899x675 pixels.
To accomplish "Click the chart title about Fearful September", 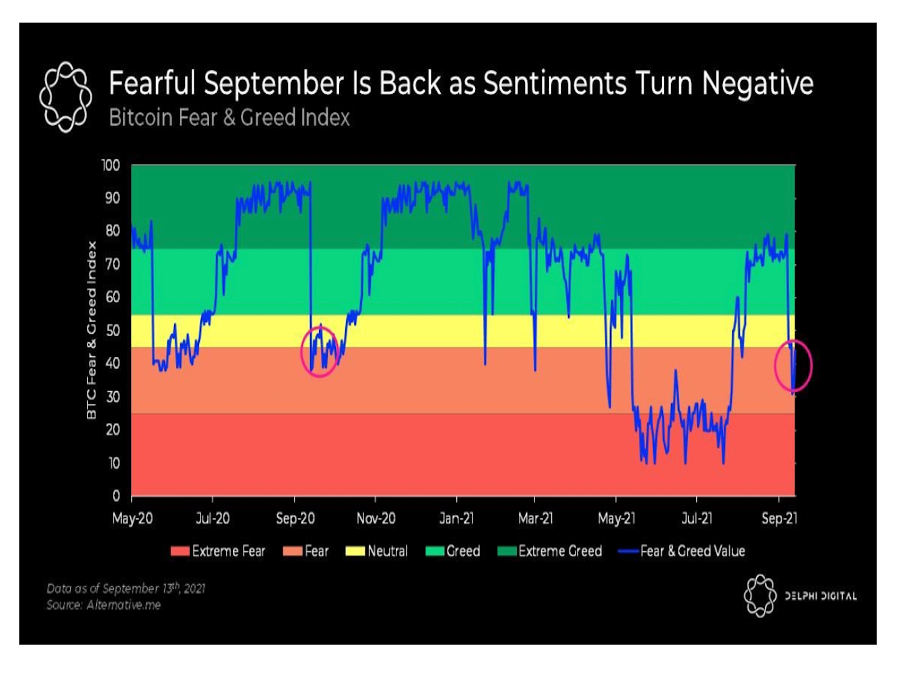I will (x=461, y=84).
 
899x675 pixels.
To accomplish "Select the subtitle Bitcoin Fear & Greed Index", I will (x=229, y=117).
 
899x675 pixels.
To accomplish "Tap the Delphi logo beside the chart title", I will (x=66, y=97).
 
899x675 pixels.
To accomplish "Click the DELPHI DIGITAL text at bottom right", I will (x=820, y=596).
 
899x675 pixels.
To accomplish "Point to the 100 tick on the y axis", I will (x=111, y=166).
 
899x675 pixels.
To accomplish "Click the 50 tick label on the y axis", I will (x=112, y=330).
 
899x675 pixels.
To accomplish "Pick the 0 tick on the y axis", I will (x=116, y=496).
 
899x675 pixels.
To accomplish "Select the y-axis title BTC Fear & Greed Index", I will (x=92, y=330).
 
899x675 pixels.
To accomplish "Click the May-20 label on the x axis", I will (x=132, y=519).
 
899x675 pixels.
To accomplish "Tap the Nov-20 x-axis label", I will (x=376, y=519).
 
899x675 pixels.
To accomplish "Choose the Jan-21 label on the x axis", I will (x=456, y=519).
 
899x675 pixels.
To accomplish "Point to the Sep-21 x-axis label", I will (x=779, y=519).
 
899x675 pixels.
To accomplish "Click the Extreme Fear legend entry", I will (x=219, y=551).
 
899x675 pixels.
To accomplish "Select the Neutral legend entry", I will (x=377, y=551).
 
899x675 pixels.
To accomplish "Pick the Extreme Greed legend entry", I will (x=550, y=551).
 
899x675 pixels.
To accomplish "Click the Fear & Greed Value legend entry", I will (x=682, y=551).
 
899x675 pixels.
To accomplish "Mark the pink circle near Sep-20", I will (x=320, y=352).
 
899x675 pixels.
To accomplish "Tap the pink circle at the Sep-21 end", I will (x=793, y=366).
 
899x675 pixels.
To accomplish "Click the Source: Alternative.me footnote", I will (x=104, y=605).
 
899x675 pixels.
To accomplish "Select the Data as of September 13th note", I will (x=125, y=588).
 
